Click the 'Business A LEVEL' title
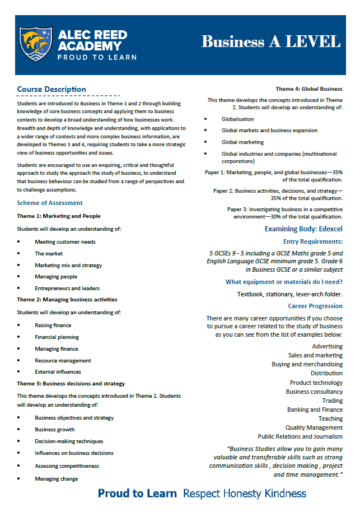270,42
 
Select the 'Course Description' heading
52,90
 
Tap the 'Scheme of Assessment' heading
50,203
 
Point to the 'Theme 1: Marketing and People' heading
59,216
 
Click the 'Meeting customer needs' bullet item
65,242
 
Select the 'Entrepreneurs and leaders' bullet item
67,289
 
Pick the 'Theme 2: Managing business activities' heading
67,300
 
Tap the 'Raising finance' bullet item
53,325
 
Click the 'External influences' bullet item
58,372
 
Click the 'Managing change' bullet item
56,479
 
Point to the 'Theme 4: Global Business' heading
309,89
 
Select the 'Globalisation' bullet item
237,119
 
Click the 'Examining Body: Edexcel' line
303,229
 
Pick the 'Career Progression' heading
315,306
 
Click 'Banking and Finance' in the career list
315,410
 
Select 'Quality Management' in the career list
314,428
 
